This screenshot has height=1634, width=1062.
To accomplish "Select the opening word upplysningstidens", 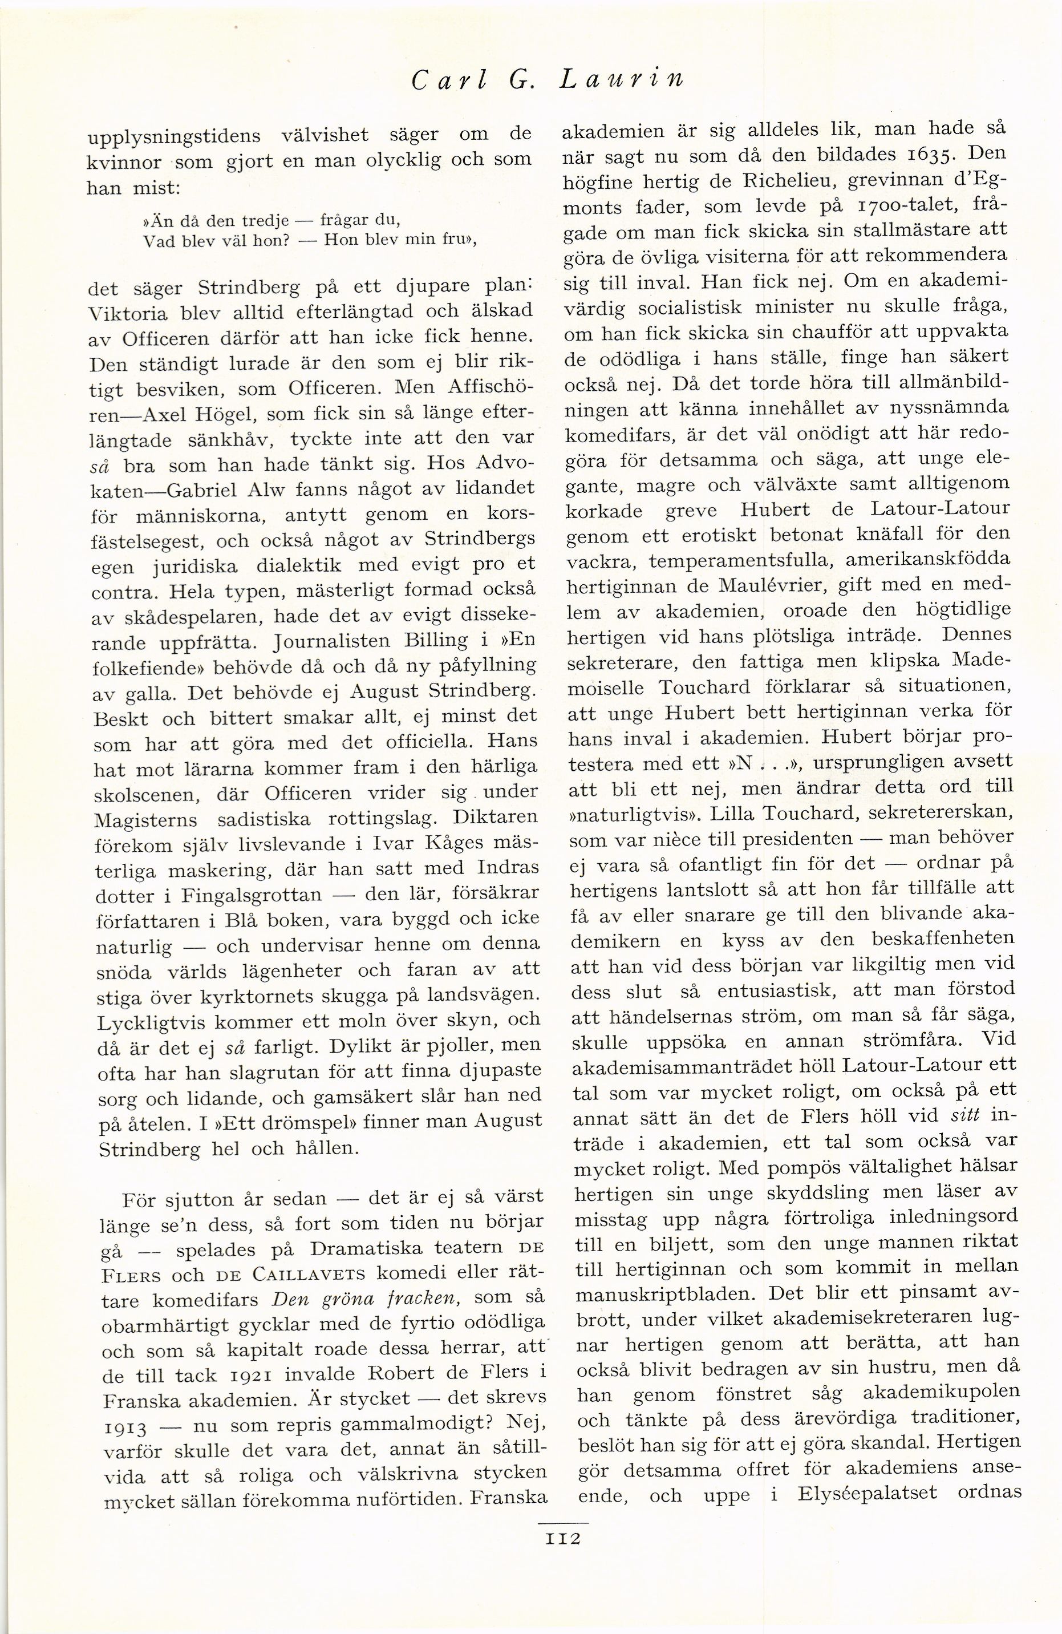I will coord(179,135).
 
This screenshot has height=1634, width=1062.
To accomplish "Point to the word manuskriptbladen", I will coord(662,1293).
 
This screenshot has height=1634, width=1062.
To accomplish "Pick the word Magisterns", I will coord(145,819).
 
